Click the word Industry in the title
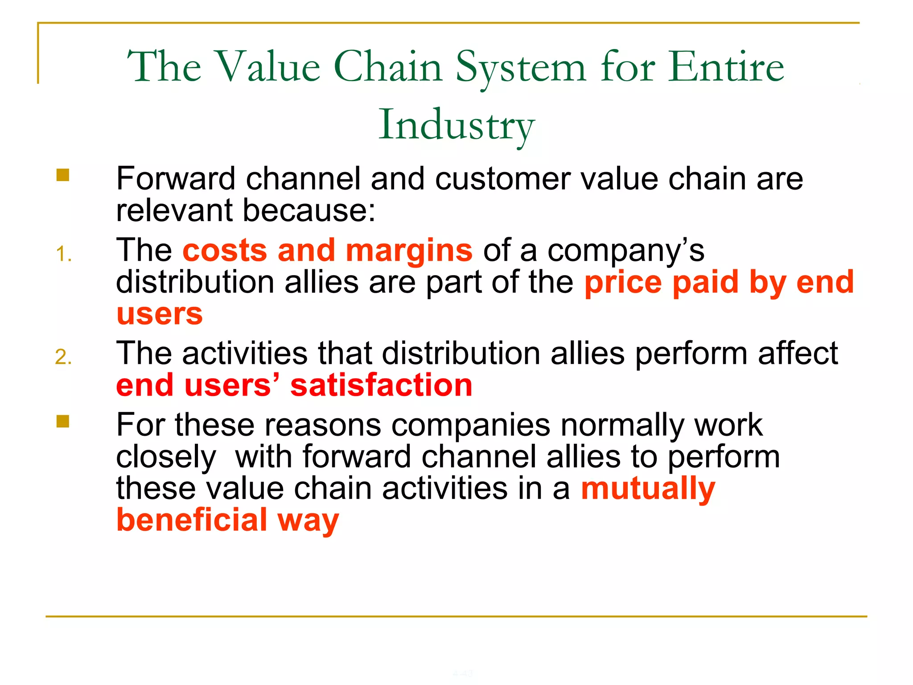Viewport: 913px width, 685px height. click(456, 125)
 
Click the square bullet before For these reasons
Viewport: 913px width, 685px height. click(63, 421)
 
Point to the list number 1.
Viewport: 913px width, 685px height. click(63, 254)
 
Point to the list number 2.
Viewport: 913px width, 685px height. click(63, 357)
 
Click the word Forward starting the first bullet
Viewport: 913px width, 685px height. click(176, 178)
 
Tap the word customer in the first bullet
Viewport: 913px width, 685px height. click(502, 178)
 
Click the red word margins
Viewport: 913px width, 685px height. click(409, 251)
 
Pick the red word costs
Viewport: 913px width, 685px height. click(225, 251)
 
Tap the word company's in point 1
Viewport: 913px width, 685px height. click(625, 251)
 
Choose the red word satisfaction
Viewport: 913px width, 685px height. click(381, 385)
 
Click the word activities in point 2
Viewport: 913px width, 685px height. click(245, 353)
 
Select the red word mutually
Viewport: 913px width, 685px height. click(648, 489)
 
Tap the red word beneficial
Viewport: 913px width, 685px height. click(192, 520)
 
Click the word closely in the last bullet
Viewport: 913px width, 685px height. click(166, 458)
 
